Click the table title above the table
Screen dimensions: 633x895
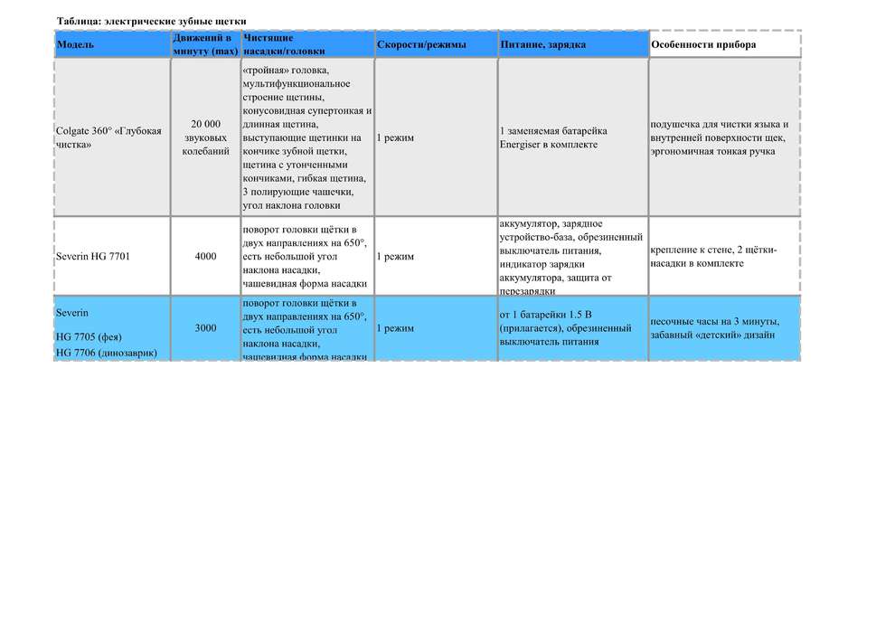(x=151, y=21)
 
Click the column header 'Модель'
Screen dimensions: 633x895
(x=75, y=44)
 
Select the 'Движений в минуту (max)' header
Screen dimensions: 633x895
(x=205, y=44)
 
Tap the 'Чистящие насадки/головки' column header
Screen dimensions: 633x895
(x=271, y=44)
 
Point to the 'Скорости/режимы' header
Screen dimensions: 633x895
(x=421, y=44)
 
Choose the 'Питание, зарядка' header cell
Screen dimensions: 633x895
(x=542, y=44)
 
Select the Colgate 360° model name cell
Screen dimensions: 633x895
(x=108, y=137)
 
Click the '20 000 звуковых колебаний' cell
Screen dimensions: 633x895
(x=205, y=137)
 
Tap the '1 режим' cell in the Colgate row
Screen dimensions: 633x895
(x=395, y=137)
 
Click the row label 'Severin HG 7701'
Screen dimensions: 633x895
(x=93, y=257)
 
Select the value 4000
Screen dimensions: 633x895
(x=205, y=257)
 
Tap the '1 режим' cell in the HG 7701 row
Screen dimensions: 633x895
(x=395, y=257)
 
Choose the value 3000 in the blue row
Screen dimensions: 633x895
(x=205, y=328)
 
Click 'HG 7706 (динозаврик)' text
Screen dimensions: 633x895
(x=107, y=353)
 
